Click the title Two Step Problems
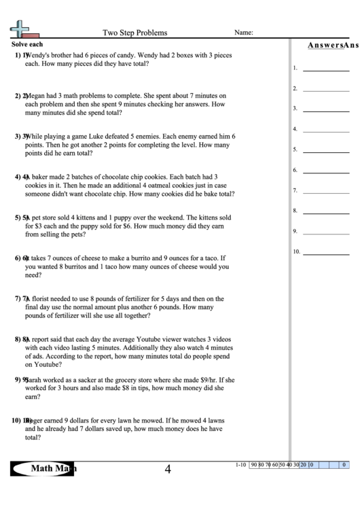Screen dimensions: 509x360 (134, 32)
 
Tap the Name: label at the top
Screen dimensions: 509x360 (244, 32)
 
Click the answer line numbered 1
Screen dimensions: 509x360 (325, 69)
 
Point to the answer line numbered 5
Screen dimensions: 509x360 (325, 151)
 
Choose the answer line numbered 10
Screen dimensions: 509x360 (325, 253)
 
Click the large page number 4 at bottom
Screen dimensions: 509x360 (168, 468)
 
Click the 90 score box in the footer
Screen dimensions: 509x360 (253, 465)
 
